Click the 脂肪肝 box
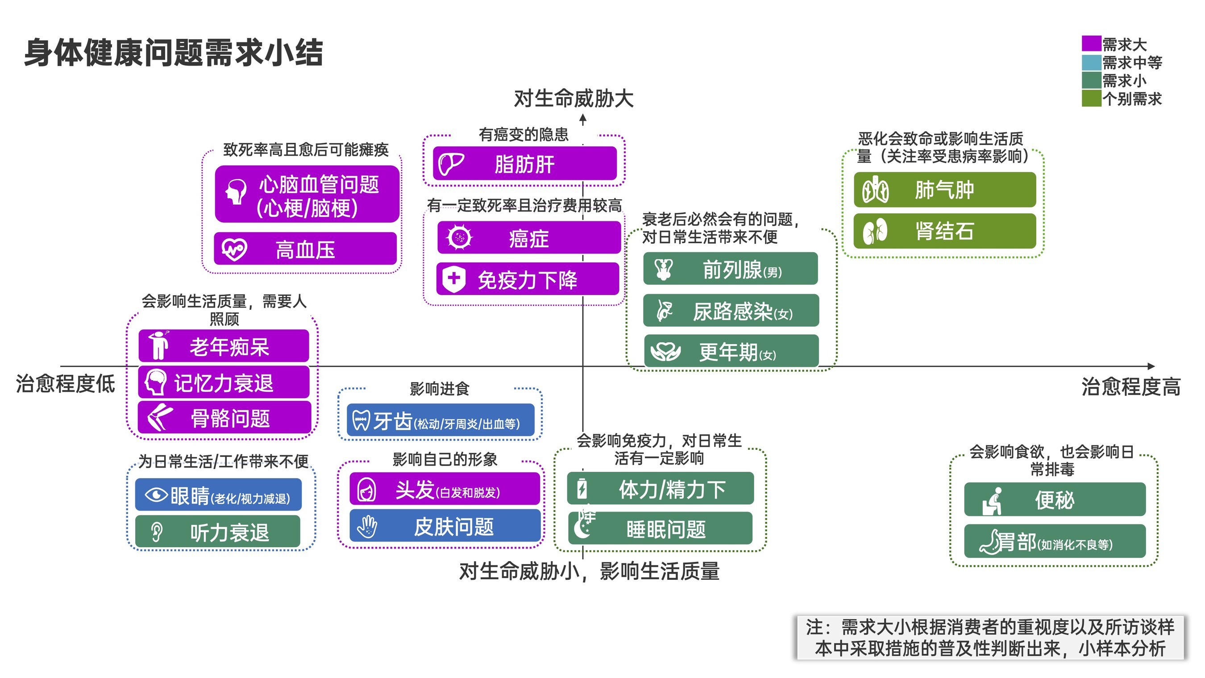(x=524, y=164)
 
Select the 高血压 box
(x=305, y=249)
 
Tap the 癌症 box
(x=528, y=238)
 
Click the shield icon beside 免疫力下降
(x=453, y=279)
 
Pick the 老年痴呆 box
(x=224, y=346)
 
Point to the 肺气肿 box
(x=944, y=190)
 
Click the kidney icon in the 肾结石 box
(x=875, y=231)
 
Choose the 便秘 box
(x=1054, y=500)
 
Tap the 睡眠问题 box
(x=660, y=529)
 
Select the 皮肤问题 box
(x=445, y=526)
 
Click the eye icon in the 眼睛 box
(x=156, y=495)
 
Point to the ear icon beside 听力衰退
(x=157, y=532)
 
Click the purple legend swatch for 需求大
(x=1091, y=43)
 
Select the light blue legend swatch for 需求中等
(x=1091, y=62)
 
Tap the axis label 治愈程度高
(x=1130, y=387)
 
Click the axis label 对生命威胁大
(x=573, y=99)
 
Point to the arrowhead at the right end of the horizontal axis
(x=1151, y=366)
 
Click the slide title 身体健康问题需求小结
(x=174, y=52)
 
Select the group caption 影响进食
(x=439, y=388)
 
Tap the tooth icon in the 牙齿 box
(x=361, y=420)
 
